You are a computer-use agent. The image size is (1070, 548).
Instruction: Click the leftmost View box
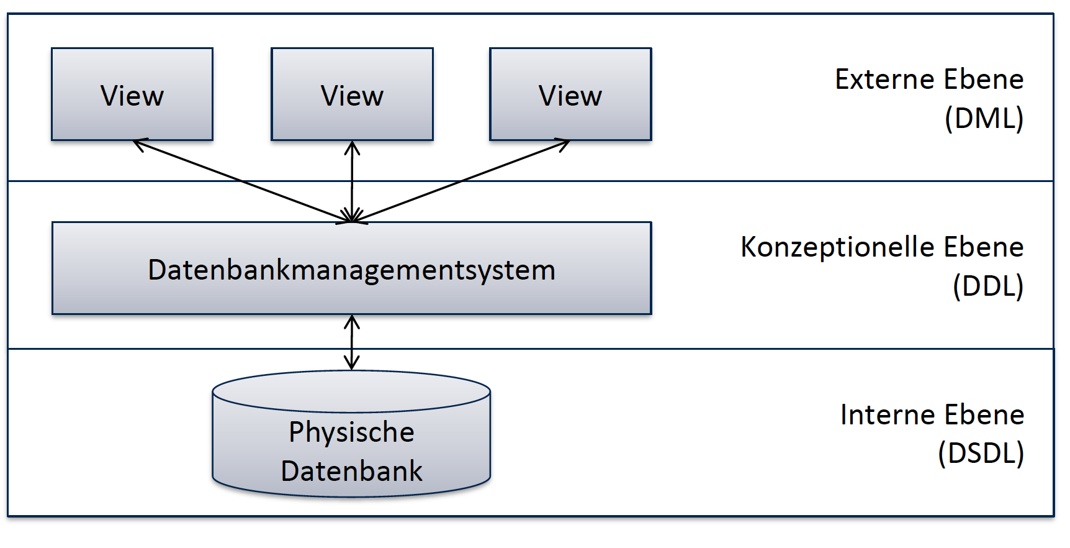pyautogui.click(x=132, y=94)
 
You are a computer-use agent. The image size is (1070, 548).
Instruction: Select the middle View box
pyautogui.click(x=352, y=94)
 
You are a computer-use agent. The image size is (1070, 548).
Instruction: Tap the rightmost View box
pyautogui.click(x=570, y=94)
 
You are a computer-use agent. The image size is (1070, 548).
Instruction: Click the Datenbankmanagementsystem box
pyautogui.click(x=352, y=268)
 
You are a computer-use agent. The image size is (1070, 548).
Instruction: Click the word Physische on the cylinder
pyautogui.click(x=351, y=432)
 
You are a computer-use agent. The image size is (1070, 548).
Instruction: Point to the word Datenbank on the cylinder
pyautogui.click(x=351, y=471)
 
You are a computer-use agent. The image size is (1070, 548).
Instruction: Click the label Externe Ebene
pyautogui.click(x=928, y=80)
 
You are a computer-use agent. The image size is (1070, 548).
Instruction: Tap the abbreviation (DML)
pyautogui.click(x=984, y=118)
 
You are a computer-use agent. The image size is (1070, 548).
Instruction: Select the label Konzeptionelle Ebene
pyautogui.click(x=881, y=247)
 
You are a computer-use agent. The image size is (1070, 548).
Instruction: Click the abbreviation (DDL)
pyautogui.click(x=987, y=286)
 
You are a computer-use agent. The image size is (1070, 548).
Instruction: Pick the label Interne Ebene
pyautogui.click(x=932, y=415)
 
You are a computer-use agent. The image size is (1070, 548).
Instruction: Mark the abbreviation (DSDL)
pyautogui.click(x=981, y=453)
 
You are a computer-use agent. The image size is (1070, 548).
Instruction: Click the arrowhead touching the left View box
pyautogui.click(x=139, y=145)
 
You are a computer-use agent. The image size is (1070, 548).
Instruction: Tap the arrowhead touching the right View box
pyautogui.click(x=562, y=145)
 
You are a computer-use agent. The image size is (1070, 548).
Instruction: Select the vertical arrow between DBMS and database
pyautogui.click(x=352, y=342)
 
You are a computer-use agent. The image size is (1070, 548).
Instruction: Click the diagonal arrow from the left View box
pyautogui.click(x=242, y=182)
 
